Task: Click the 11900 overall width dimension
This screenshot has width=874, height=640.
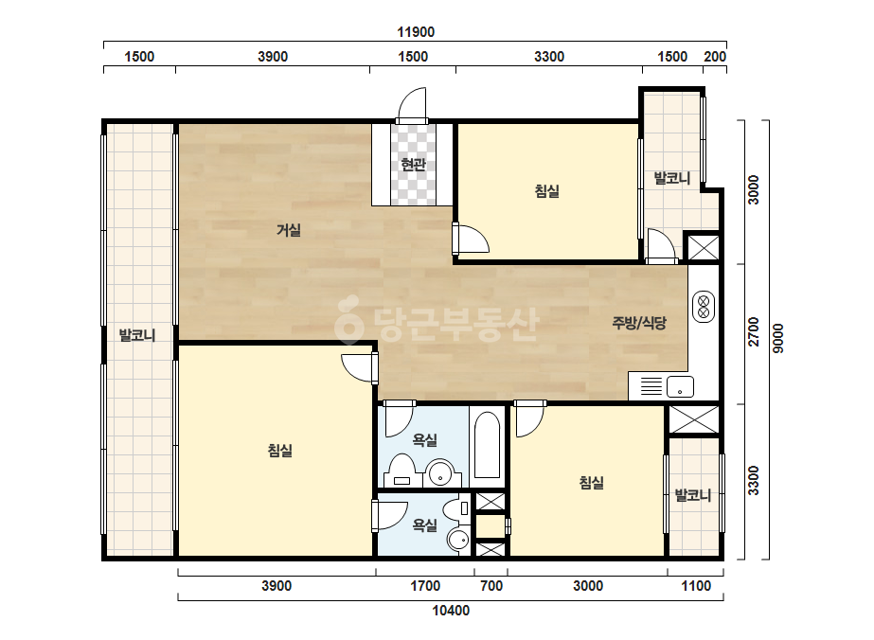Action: click(x=416, y=32)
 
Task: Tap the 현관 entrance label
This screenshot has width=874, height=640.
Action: click(x=413, y=165)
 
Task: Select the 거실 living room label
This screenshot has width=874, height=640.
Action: click(x=289, y=230)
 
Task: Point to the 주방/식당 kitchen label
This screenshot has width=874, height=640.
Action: click(x=639, y=323)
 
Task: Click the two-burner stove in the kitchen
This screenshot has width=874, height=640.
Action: click(x=704, y=307)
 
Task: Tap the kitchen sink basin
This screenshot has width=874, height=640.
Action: click(x=680, y=386)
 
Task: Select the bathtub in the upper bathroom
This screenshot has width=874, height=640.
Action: click(x=487, y=445)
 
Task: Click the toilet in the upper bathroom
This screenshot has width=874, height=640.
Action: click(x=401, y=470)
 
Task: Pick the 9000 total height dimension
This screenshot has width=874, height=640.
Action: click(x=778, y=338)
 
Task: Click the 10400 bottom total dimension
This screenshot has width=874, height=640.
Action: click(x=451, y=611)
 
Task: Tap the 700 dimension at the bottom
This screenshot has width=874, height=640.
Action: click(x=491, y=586)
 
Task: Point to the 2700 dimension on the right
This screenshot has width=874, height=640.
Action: click(x=754, y=331)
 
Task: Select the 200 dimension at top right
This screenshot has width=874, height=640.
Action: click(x=715, y=56)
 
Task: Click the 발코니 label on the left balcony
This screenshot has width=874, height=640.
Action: click(x=137, y=335)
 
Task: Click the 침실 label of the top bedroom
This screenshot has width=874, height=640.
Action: click(x=546, y=191)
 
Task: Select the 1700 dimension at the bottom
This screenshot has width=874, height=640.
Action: click(x=425, y=586)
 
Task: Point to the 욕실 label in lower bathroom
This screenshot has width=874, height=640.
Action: click(x=425, y=524)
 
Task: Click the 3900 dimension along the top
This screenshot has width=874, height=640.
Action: click(x=273, y=56)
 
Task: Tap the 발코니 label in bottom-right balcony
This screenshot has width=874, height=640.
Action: click(x=693, y=495)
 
